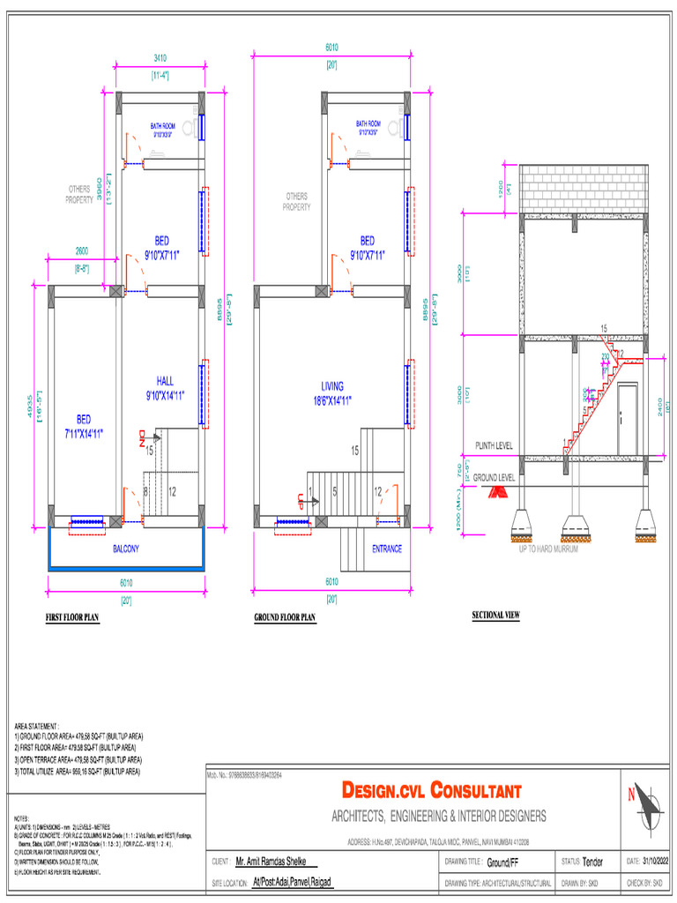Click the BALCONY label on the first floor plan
(126, 549)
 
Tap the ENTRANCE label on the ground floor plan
(387, 549)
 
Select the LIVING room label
(332, 393)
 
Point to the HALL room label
(165, 388)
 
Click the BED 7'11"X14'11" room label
(83, 425)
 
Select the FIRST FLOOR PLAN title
(73, 618)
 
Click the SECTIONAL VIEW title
(496, 615)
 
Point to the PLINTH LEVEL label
(495, 446)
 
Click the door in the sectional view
(627, 418)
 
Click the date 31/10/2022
(654, 861)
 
